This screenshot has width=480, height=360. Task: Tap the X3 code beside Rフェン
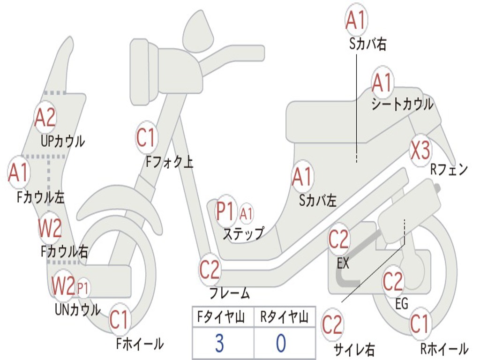(420, 150)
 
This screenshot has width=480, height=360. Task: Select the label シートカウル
(402, 105)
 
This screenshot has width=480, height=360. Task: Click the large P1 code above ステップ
(225, 211)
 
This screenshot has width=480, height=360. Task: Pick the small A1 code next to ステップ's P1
(246, 214)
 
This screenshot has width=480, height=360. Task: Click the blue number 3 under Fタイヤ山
(219, 343)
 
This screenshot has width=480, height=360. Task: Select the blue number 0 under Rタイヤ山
(280, 343)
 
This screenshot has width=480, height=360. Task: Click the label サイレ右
(354, 349)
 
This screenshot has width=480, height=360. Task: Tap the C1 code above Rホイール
(420, 324)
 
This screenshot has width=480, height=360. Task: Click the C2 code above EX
(338, 240)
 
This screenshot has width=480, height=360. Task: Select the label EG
(402, 304)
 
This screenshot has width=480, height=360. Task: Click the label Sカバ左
(318, 201)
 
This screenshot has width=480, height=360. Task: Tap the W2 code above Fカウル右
(50, 228)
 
